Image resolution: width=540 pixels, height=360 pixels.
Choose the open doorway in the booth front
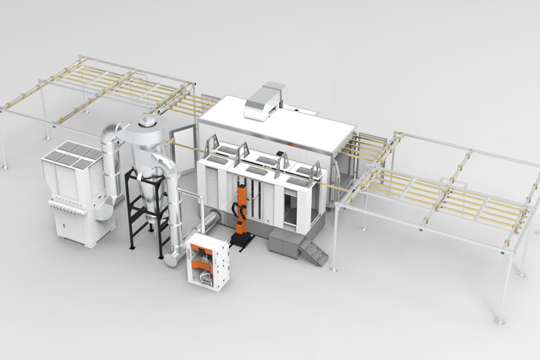pos(293,205)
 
